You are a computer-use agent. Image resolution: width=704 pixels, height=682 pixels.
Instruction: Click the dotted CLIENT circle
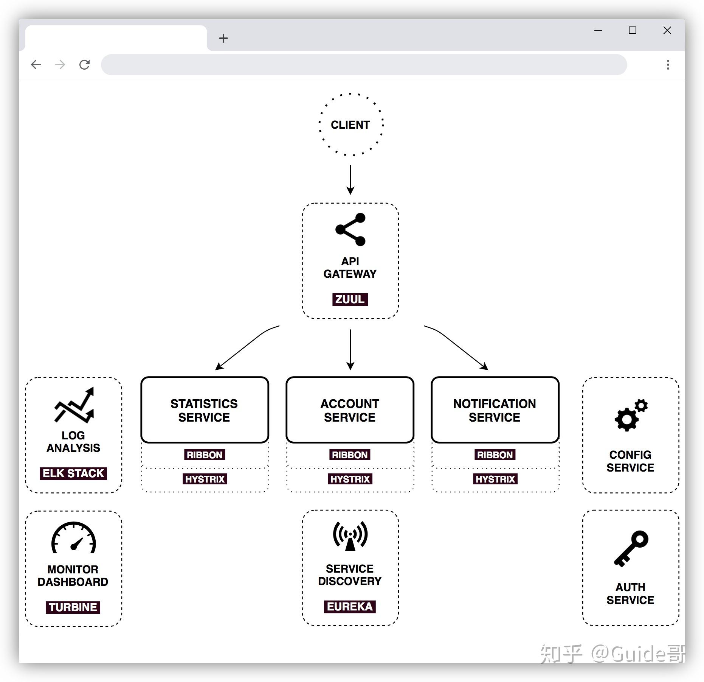350,125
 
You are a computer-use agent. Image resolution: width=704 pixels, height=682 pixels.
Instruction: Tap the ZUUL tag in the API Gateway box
350,299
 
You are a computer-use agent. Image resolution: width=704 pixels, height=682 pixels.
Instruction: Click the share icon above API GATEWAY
350,229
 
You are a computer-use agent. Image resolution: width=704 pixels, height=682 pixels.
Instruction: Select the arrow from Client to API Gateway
350,179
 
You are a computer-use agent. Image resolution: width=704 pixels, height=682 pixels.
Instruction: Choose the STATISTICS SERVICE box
205,410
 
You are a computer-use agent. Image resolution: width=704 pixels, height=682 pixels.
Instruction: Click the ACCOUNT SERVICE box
350,410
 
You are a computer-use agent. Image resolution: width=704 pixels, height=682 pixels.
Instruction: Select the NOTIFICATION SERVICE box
495,410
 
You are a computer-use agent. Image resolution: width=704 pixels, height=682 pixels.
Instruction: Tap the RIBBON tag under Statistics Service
205,455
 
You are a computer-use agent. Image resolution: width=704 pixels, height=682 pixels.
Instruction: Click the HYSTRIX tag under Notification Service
495,479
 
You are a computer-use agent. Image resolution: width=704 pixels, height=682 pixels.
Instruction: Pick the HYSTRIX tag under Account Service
350,479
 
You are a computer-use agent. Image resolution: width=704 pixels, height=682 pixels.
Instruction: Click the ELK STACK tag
73,473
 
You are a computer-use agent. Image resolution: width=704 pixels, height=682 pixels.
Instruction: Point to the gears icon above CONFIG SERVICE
631,415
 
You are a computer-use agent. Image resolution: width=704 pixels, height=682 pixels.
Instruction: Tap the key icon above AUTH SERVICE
631,548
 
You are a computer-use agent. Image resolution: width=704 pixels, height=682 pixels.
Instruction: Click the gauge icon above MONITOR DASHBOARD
74,538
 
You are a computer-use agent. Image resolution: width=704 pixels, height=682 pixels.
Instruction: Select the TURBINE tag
73,607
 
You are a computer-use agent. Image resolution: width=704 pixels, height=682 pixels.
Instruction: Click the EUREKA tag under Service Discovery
350,607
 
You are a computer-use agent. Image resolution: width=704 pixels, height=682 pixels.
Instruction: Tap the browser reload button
84,65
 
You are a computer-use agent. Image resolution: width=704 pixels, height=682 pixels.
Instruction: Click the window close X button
667,30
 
